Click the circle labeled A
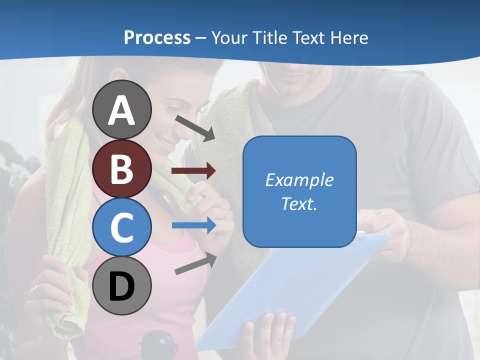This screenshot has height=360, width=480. click(121, 109)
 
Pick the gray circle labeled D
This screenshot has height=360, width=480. click(121, 285)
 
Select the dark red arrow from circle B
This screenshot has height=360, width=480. click(193, 171)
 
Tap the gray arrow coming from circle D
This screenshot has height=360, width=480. click(195, 263)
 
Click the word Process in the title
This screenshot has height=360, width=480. click(157, 37)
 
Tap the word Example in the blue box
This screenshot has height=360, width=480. click(299, 180)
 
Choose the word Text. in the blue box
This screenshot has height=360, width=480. click(299, 203)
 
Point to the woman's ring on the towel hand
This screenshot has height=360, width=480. click(34, 288)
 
